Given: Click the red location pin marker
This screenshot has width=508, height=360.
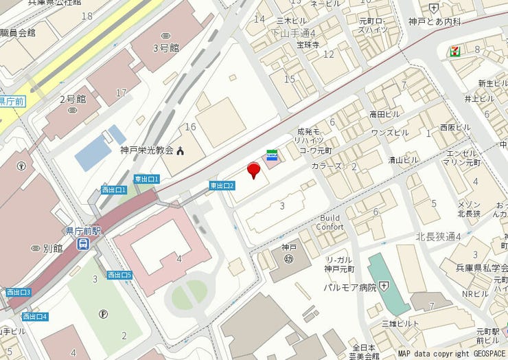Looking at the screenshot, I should tap(253, 170).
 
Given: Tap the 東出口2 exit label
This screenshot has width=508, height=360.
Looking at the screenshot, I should tap(222, 185).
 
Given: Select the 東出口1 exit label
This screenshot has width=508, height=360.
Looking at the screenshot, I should tap(146, 179).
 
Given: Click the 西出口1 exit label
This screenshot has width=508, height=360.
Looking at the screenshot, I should tap(114, 190).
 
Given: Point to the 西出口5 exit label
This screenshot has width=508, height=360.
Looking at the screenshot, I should tap(119, 275).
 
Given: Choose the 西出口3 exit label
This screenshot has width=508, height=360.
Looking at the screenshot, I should tap(19, 293).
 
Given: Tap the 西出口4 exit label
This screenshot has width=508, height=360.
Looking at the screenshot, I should tap(34, 317).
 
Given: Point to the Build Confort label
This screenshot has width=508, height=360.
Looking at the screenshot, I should tap(330, 222).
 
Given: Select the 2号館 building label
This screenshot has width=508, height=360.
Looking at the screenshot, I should tap(71, 99).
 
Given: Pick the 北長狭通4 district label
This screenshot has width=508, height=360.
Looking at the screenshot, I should tap(438, 236).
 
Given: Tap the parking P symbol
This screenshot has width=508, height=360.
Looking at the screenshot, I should tap(104, 314).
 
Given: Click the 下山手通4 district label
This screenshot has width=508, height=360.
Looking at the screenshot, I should tap(293, 32).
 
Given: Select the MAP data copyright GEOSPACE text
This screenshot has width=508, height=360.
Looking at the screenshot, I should tap(452, 354).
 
